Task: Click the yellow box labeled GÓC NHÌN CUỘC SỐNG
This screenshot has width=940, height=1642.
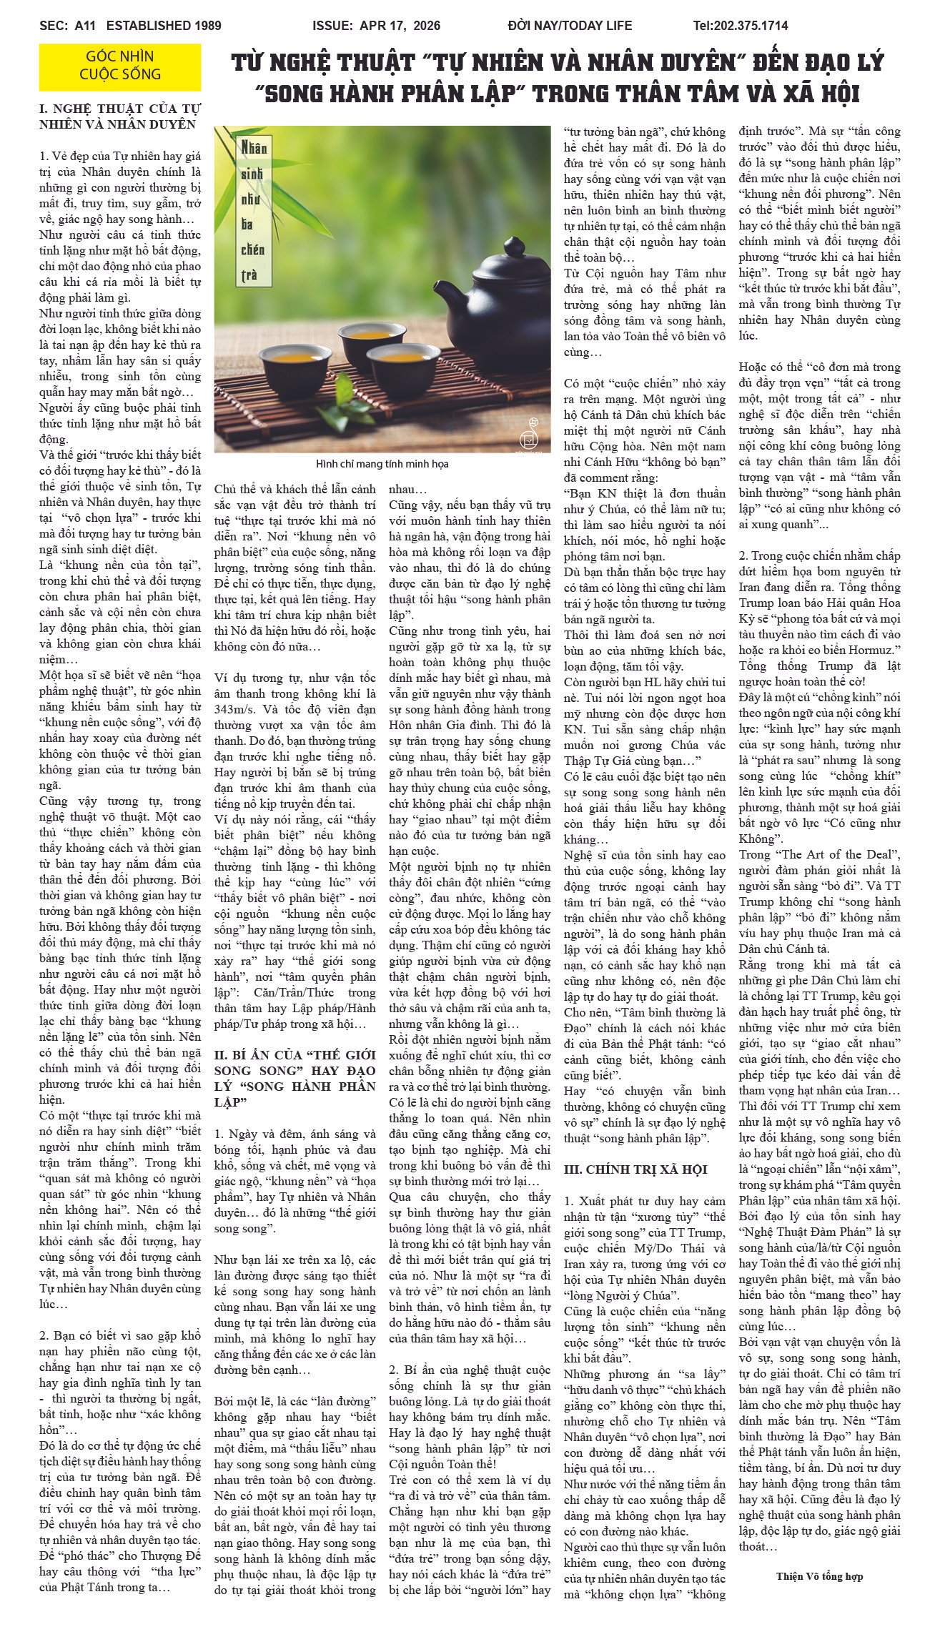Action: pos(120,66)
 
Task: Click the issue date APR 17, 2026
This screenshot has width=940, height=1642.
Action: pos(400,26)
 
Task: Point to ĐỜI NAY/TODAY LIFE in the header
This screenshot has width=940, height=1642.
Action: pos(570,26)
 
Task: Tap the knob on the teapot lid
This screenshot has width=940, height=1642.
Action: pos(515,247)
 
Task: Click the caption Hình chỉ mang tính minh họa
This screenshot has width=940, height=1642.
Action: pos(382,464)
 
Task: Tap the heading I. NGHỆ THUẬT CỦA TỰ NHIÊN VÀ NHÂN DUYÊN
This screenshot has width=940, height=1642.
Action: pos(120,117)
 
